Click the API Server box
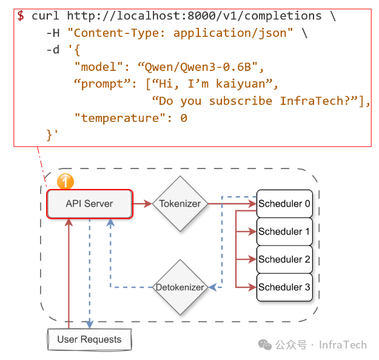tap(89, 204)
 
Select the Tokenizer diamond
tap(179, 204)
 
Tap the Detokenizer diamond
tap(179, 287)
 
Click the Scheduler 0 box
tap(284, 204)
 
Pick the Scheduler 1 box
tap(284, 232)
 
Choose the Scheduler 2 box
tap(284, 259)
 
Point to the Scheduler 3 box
tap(284, 287)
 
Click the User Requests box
tap(89, 339)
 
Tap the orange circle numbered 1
tap(65, 182)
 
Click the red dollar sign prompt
tap(21, 16)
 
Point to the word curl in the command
tap(45, 16)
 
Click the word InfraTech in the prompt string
tap(312, 101)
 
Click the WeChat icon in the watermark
tap(265, 344)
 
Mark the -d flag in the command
tap(53, 50)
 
